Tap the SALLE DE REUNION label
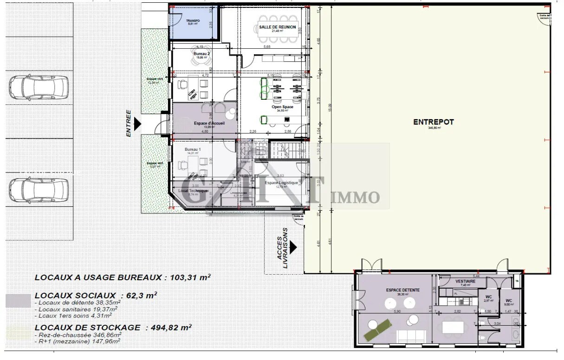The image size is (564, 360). coord(277,27)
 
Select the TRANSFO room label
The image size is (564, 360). coord(193,21)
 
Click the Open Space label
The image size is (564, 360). coord(282,107)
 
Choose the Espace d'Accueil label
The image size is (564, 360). coord(209,123)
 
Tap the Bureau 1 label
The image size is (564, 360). coord(193,149)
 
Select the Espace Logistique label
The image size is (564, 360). coord(281,183)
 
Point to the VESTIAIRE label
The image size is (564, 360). coord(465,281)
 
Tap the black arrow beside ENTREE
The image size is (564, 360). coord(137,123)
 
